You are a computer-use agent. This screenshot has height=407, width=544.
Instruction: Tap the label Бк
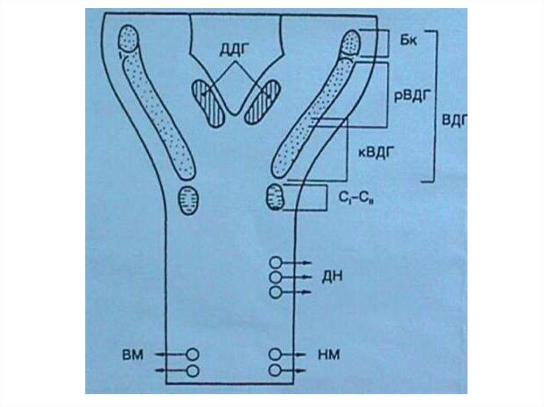point(410,41)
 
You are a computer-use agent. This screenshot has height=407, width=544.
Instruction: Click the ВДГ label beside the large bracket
point(454,121)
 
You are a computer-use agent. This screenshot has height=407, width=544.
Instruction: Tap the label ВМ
point(133,354)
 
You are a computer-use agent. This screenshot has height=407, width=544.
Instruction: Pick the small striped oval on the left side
point(190,200)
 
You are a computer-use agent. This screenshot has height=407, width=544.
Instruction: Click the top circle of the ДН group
point(275,262)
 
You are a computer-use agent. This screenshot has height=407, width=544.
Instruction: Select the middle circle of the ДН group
point(275,277)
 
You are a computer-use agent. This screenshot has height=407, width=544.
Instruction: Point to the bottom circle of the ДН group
point(275,292)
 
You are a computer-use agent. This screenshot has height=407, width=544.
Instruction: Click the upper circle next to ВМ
point(193,353)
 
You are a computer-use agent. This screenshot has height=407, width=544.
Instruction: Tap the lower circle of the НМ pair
point(275,370)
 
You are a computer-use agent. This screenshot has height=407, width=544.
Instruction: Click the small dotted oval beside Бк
point(350,42)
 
